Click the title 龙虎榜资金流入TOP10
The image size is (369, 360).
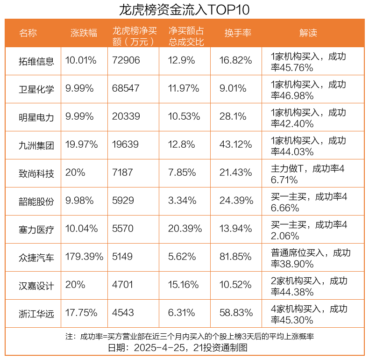184,9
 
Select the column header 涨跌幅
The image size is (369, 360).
84,33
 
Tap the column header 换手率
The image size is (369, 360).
238,33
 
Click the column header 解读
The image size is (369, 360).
308,33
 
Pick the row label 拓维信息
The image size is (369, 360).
36,61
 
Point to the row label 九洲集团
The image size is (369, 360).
36,145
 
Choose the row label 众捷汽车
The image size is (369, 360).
36,257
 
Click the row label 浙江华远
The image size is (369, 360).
36,313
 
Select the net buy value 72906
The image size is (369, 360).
126,60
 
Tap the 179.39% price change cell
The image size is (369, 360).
84,257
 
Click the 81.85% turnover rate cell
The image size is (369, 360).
235,257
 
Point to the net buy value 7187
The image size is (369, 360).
123,173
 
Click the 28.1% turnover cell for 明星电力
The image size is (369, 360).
233,116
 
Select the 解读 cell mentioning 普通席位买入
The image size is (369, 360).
310,258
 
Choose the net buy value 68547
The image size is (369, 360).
126,88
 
